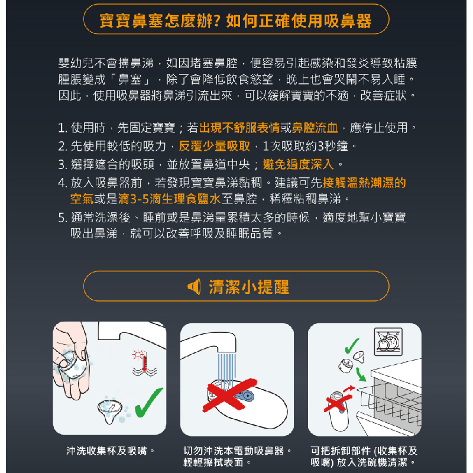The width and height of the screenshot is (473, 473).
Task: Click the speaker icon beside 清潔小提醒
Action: (x=194, y=287)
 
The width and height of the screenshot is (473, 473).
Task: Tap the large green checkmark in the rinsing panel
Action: (x=148, y=403)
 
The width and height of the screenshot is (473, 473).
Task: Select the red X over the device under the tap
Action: (x=229, y=395)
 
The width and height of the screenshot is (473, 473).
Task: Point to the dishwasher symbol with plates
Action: (x=388, y=342)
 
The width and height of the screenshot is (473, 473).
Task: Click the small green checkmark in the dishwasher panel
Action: (x=352, y=346)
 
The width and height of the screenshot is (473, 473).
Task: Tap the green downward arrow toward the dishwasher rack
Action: (x=361, y=375)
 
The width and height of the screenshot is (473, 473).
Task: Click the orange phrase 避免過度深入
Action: (x=298, y=165)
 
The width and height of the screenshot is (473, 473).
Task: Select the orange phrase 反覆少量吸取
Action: (x=214, y=146)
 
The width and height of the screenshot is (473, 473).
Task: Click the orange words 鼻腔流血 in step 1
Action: (x=315, y=128)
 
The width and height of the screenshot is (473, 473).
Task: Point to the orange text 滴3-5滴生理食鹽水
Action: (x=169, y=199)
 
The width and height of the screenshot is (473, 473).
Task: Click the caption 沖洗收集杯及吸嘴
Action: (x=106, y=451)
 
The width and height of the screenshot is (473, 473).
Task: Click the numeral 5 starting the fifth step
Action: (x=61, y=218)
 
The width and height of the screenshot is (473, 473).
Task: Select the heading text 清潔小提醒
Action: (x=249, y=287)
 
